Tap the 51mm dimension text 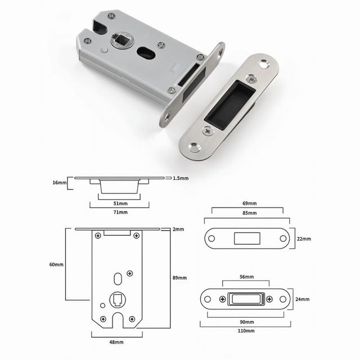[120, 204]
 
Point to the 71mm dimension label [120, 213]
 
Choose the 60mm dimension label [56, 264]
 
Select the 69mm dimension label [250, 202]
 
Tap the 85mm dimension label [250, 213]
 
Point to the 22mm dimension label [304, 238]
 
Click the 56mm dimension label [246, 277]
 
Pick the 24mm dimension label [303, 299]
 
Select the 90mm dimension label [246, 322]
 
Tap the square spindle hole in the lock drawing [119, 300]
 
